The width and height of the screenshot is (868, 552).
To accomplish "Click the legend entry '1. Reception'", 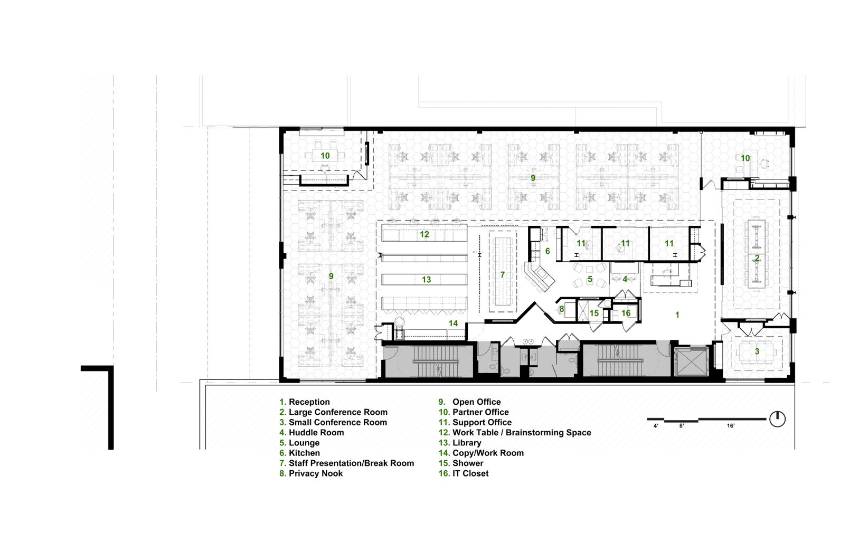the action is click(305, 402).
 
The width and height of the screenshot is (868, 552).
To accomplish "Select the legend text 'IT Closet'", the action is click(470, 473).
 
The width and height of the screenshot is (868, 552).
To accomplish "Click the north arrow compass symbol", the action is click(777, 419).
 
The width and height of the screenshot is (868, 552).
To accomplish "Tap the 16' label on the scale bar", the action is click(731, 426).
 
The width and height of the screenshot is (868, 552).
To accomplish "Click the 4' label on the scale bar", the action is click(656, 426).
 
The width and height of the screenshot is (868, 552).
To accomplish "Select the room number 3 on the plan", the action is click(757, 351).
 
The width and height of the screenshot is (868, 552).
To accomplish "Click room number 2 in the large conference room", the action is click(757, 258).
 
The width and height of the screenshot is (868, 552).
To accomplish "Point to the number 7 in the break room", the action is click(503, 274).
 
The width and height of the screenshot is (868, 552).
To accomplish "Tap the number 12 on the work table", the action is click(424, 234).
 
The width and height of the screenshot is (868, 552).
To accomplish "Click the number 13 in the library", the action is click(426, 279).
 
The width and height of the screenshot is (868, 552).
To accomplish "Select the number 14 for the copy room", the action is click(454, 323).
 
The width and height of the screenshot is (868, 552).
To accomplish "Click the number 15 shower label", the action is click(594, 313).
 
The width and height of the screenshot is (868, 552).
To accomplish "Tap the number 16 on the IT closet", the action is click(626, 313).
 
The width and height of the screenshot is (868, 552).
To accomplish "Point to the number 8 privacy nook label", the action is click(561, 309).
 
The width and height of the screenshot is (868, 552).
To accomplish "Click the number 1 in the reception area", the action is click(677, 315).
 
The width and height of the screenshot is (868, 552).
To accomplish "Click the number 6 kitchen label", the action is click(548, 251).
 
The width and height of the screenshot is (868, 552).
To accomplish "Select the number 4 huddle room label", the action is click(625, 279).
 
